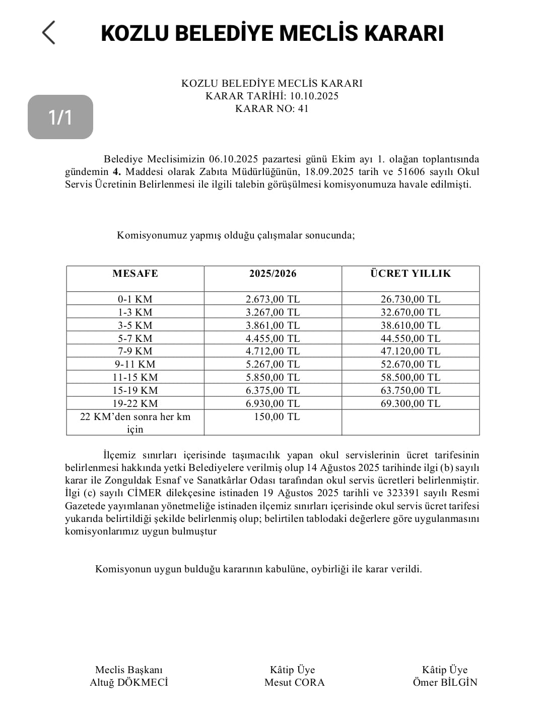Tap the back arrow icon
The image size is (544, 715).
pos(48,33)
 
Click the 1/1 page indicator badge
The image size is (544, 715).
pos(60,117)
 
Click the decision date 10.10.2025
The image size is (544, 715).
pos(313,96)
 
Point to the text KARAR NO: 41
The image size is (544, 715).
pos(271,108)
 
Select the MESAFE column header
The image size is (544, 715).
pos(135,274)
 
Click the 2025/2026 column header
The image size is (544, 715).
pos(273,274)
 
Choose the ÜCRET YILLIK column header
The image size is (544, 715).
pos(411,274)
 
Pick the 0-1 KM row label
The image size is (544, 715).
pos(135,299)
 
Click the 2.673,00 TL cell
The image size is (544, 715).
pos(273,299)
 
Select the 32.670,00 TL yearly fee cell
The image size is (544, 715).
pos(411,312)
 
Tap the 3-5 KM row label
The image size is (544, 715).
pos(135,325)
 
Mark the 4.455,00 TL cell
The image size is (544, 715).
pos(273,338)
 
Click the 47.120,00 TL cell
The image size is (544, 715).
pos(411,351)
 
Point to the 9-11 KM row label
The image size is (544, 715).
pos(135,364)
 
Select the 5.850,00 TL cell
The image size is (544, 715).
pos(273,377)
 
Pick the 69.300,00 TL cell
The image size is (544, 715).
pos(411,403)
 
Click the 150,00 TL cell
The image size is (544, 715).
pos(277,416)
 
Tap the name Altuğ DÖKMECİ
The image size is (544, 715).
pos(129,683)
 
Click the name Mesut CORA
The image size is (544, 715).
pos(295,683)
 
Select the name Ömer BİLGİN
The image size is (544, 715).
pos(445,683)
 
